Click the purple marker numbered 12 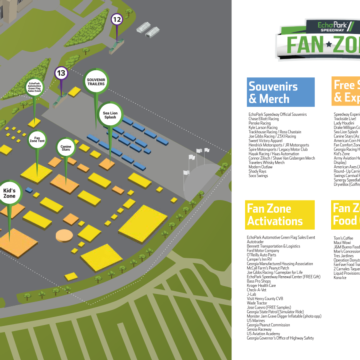click(116, 19)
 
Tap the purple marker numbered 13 click(62, 73)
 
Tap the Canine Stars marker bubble click(64, 117)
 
